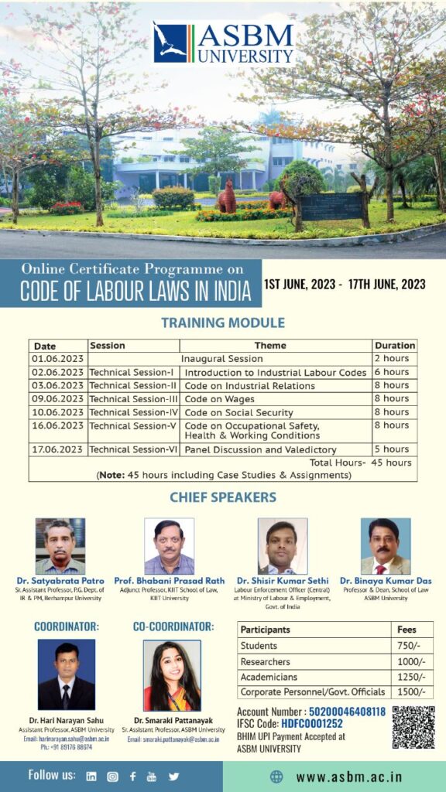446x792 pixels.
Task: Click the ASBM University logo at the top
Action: point(223,43)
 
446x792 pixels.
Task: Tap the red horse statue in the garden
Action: point(226,196)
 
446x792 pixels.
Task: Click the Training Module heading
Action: point(222,323)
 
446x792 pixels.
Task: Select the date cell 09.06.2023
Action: point(58,399)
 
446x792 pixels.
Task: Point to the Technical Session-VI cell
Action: point(134,449)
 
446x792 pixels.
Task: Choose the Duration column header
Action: point(394,346)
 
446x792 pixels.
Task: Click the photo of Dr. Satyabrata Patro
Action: point(60,545)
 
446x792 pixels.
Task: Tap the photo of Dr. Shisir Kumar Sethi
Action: point(282,545)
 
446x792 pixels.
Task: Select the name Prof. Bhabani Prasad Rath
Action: point(170,581)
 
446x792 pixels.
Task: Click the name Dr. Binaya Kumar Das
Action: point(386,581)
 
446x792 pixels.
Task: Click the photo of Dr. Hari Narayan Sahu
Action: point(67,675)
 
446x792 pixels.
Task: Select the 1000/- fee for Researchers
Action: point(407,662)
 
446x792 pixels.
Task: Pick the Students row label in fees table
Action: point(259,646)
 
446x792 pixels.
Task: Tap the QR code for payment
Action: point(413,726)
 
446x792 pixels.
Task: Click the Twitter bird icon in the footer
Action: point(173,776)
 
